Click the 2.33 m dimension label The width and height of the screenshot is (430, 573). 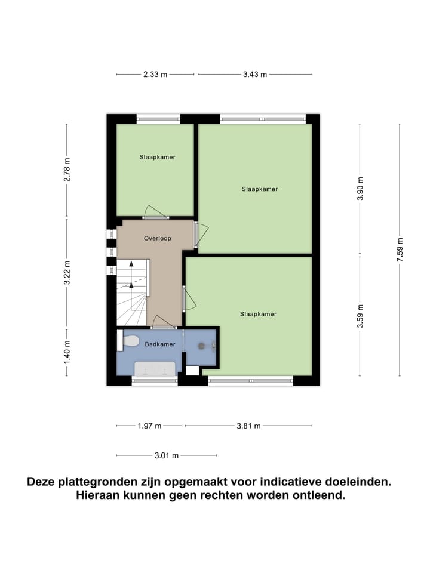(155, 75)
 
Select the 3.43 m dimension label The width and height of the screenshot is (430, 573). (255, 75)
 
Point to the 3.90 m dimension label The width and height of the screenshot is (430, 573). (360, 188)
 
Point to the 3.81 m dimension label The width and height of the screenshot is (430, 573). (249, 426)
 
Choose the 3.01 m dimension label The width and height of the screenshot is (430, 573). (167, 456)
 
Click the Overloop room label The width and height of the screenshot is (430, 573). (158, 238)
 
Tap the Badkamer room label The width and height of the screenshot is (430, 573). (160, 344)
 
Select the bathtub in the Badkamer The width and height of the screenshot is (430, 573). (155, 369)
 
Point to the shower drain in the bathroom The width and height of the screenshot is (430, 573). (202, 345)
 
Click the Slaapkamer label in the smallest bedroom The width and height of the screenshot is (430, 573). (157, 157)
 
